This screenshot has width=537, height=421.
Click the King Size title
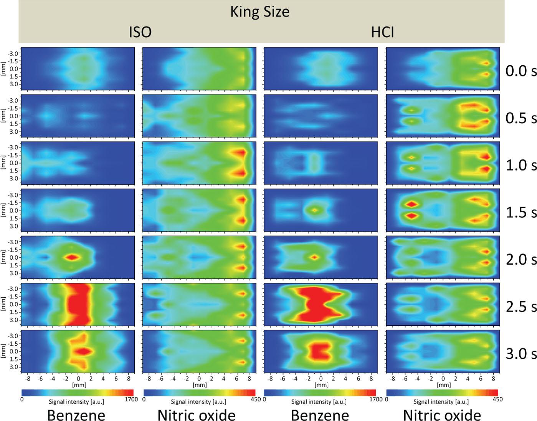point(260,12)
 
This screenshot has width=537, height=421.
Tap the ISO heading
point(140,32)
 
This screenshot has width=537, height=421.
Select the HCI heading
point(383,32)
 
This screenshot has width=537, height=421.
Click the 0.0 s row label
point(521,71)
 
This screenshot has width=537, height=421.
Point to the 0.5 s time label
point(521,118)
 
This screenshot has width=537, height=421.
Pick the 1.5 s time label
point(521,212)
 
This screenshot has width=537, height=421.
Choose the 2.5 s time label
point(521,307)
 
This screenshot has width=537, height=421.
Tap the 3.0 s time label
point(521,354)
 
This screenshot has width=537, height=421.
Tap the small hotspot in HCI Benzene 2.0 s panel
point(314,257)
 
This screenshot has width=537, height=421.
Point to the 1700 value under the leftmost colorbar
point(131,399)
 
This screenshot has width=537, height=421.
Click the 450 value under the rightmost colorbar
point(498,399)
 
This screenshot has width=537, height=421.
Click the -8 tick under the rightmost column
point(392,378)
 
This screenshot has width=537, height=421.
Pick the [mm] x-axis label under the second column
point(200,385)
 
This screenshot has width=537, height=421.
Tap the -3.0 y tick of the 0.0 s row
point(14,53)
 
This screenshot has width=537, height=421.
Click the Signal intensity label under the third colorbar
point(319,402)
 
